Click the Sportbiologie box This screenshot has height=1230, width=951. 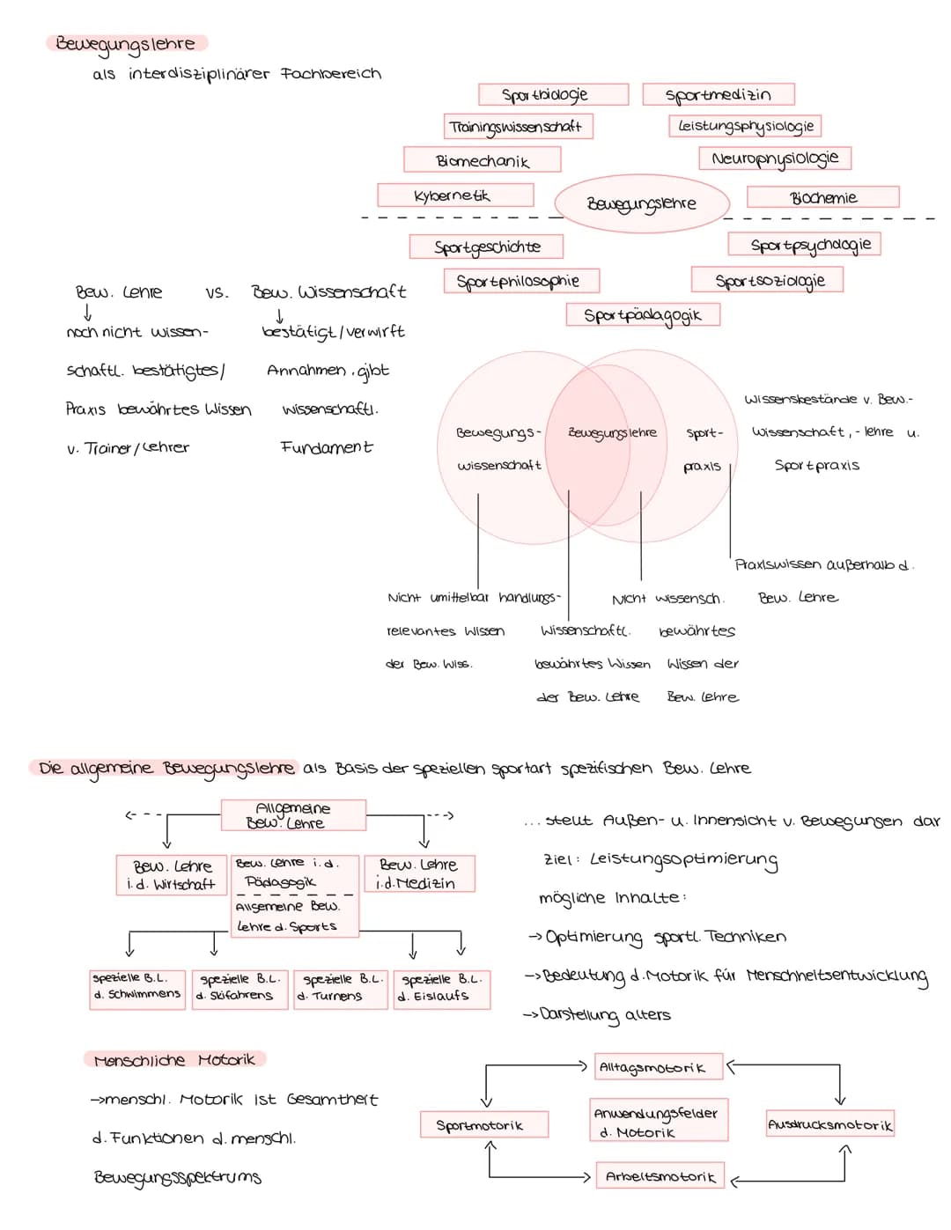click(x=553, y=94)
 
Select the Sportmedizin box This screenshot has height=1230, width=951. click(x=719, y=94)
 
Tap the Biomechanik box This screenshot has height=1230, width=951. click(x=483, y=160)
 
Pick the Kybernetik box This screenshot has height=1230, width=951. click(x=455, y=195)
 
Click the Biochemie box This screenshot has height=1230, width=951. click(x=822, y=197)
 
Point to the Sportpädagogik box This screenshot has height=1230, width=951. click(x=643, y=315)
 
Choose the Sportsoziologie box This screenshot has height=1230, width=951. click(x=768, y=281)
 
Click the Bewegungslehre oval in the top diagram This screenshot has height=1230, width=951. click(x=642, y=203)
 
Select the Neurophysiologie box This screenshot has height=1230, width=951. click(x=775, y=158)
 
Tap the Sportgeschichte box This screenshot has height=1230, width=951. click(x=486, y=247)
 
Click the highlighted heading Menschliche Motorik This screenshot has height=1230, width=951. click(x=174, y=1059)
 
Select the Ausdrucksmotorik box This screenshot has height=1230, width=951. click(x=829, y=1124)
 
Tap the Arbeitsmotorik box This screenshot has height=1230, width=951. click(x=660, y=1175)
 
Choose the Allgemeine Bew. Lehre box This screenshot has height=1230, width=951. click(x=293, y=815)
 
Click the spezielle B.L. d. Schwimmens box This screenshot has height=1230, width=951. click(x=137, y=987)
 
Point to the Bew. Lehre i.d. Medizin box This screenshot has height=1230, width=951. click(x=419, y=873)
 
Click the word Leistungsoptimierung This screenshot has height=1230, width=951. click(x=684, y=859)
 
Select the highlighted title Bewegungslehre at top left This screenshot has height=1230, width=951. click(x=126, y=43)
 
